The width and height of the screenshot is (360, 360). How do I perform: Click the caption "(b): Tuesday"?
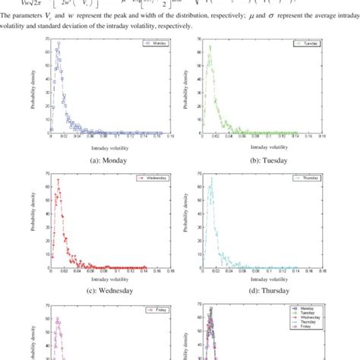256,162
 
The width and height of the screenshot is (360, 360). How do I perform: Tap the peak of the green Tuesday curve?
210,46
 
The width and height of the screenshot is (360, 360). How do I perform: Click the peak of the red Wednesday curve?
58,179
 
